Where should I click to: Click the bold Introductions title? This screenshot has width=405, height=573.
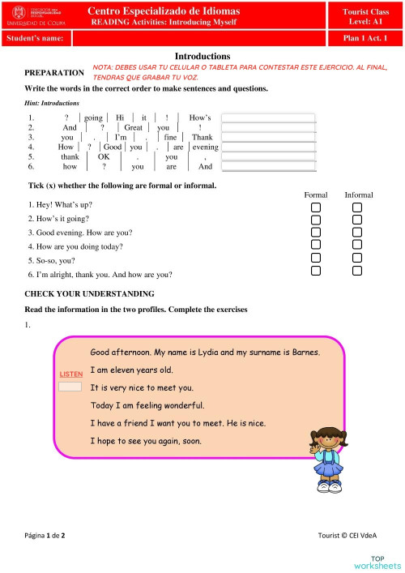202,56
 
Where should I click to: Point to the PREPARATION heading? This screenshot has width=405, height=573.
54,73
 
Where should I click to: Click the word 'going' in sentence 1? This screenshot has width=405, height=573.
93,118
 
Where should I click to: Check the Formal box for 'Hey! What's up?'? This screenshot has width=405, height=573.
316,207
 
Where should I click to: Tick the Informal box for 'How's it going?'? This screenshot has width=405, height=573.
357,220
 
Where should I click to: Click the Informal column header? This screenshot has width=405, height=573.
358,195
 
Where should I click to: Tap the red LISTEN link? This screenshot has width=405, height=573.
70,374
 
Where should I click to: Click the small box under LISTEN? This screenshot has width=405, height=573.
70,387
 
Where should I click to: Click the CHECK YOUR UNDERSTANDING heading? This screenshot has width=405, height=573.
89,293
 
